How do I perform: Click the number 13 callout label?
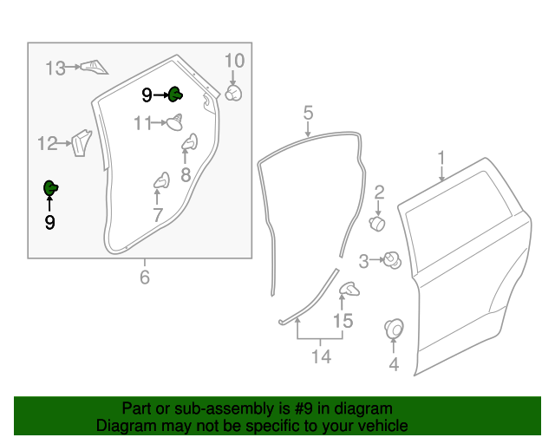[x=55, y=68]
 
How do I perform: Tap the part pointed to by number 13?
[x=91, y=67]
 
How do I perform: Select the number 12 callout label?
[x=48, y=143]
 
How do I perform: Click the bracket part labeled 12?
[x=81, y=141]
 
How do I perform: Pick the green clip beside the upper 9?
[x=174, y=94]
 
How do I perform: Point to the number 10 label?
[x=235, y=62]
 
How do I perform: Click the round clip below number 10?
[x=233, y=92]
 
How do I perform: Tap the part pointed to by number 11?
[x=176, y=122]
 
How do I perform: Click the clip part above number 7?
[x=161, y=180]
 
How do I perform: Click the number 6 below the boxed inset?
[x=145, y=277]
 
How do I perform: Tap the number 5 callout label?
[x=308, y=113]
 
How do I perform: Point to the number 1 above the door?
[x=441, y=159]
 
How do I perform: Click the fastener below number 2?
[x=378, y=224]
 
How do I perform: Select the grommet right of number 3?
[x=392, y=258]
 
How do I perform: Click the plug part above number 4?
[x=394, y=329]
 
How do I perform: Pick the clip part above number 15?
[x=348, y=289]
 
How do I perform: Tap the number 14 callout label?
[x=321, y=356]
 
